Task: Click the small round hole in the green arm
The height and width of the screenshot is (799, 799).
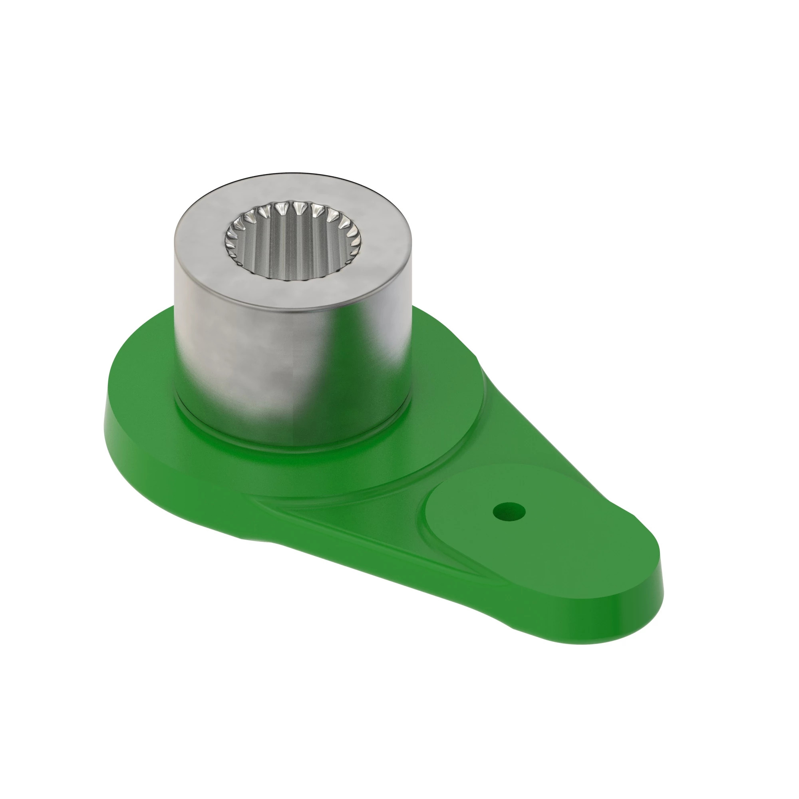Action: pos(509,512)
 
